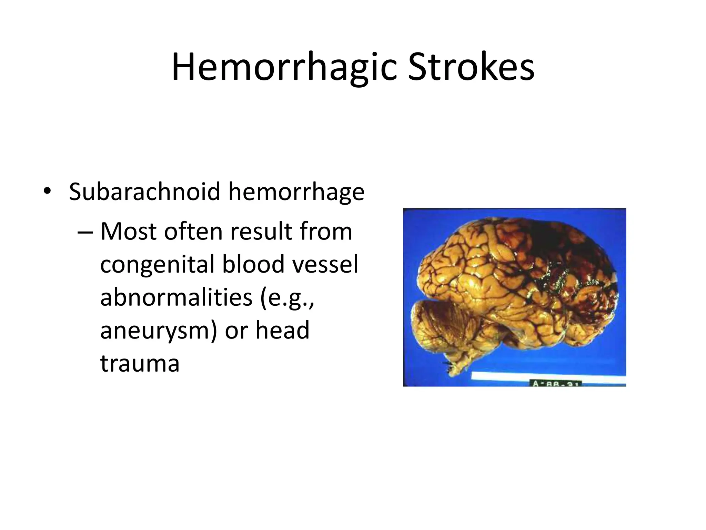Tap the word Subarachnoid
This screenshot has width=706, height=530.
pos(144,192)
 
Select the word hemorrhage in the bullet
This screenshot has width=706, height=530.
pos(296,192)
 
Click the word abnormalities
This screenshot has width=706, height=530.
pos(176,297)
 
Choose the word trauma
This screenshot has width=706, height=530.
pos(140,363)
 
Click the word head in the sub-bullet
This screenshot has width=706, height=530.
pos(282,330)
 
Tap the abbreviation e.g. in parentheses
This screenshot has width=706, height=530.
pos(287,297)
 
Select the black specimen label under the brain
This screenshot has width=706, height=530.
pos(555,383)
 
